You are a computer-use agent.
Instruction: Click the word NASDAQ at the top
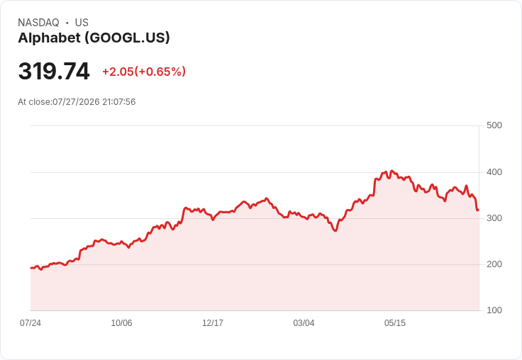38,23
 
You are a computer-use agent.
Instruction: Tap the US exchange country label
82,23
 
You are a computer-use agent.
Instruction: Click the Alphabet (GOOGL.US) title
94,38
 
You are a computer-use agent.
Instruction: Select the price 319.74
54,71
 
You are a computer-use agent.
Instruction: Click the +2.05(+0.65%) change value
144,72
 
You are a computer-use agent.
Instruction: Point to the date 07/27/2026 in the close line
76,102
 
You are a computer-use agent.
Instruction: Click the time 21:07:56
119,102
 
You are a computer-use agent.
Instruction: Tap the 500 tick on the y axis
494,125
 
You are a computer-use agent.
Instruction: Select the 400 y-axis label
494,172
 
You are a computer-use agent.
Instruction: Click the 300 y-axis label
494,218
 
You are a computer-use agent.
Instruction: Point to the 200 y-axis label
494,264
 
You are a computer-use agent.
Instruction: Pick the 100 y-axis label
494,310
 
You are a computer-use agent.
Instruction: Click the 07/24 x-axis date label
30,322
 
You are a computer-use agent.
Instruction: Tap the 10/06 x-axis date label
121,322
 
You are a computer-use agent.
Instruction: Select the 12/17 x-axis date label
213,322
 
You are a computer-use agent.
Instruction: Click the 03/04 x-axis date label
304,322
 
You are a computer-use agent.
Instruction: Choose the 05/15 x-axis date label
395,322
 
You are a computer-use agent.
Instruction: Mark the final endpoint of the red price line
479,210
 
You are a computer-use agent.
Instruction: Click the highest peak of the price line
391,171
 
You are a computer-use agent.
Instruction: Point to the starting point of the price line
31,268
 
